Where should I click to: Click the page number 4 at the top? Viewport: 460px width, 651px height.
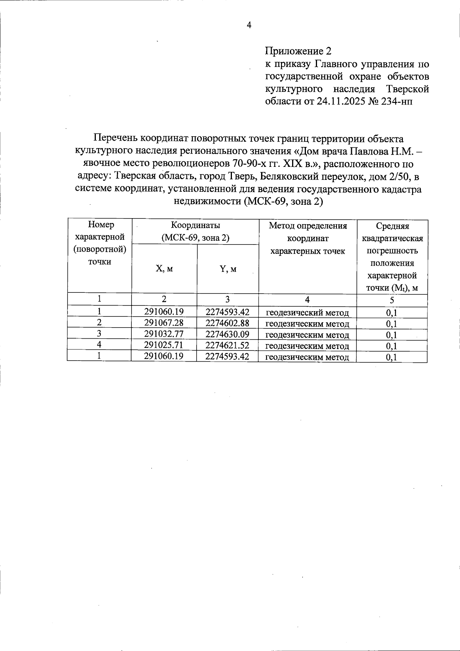[x=249, y=25]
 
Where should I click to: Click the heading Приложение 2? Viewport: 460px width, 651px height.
[x=297, y=51]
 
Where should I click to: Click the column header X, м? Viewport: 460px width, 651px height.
[x=164, y=269]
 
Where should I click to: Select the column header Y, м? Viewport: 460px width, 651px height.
[x=228, y=269]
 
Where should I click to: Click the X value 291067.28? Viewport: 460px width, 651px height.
[x=164, y=323]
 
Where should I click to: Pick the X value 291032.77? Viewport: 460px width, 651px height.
[x=164, y=334]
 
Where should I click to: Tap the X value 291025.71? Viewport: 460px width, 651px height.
[x=164, y=345]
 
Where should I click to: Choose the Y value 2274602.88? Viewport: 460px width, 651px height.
[x=228, y=323]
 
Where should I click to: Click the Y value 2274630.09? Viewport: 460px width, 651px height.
[x=228, y=334]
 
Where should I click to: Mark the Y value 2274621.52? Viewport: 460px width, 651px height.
[x=228, y=345]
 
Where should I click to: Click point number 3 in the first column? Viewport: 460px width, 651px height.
[x=99, y=334]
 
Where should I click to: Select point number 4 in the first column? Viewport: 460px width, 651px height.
[x=99, y=345]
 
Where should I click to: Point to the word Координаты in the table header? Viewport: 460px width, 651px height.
[x=195, y=225]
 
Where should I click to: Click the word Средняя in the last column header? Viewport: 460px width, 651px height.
[x=392, y=226]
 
